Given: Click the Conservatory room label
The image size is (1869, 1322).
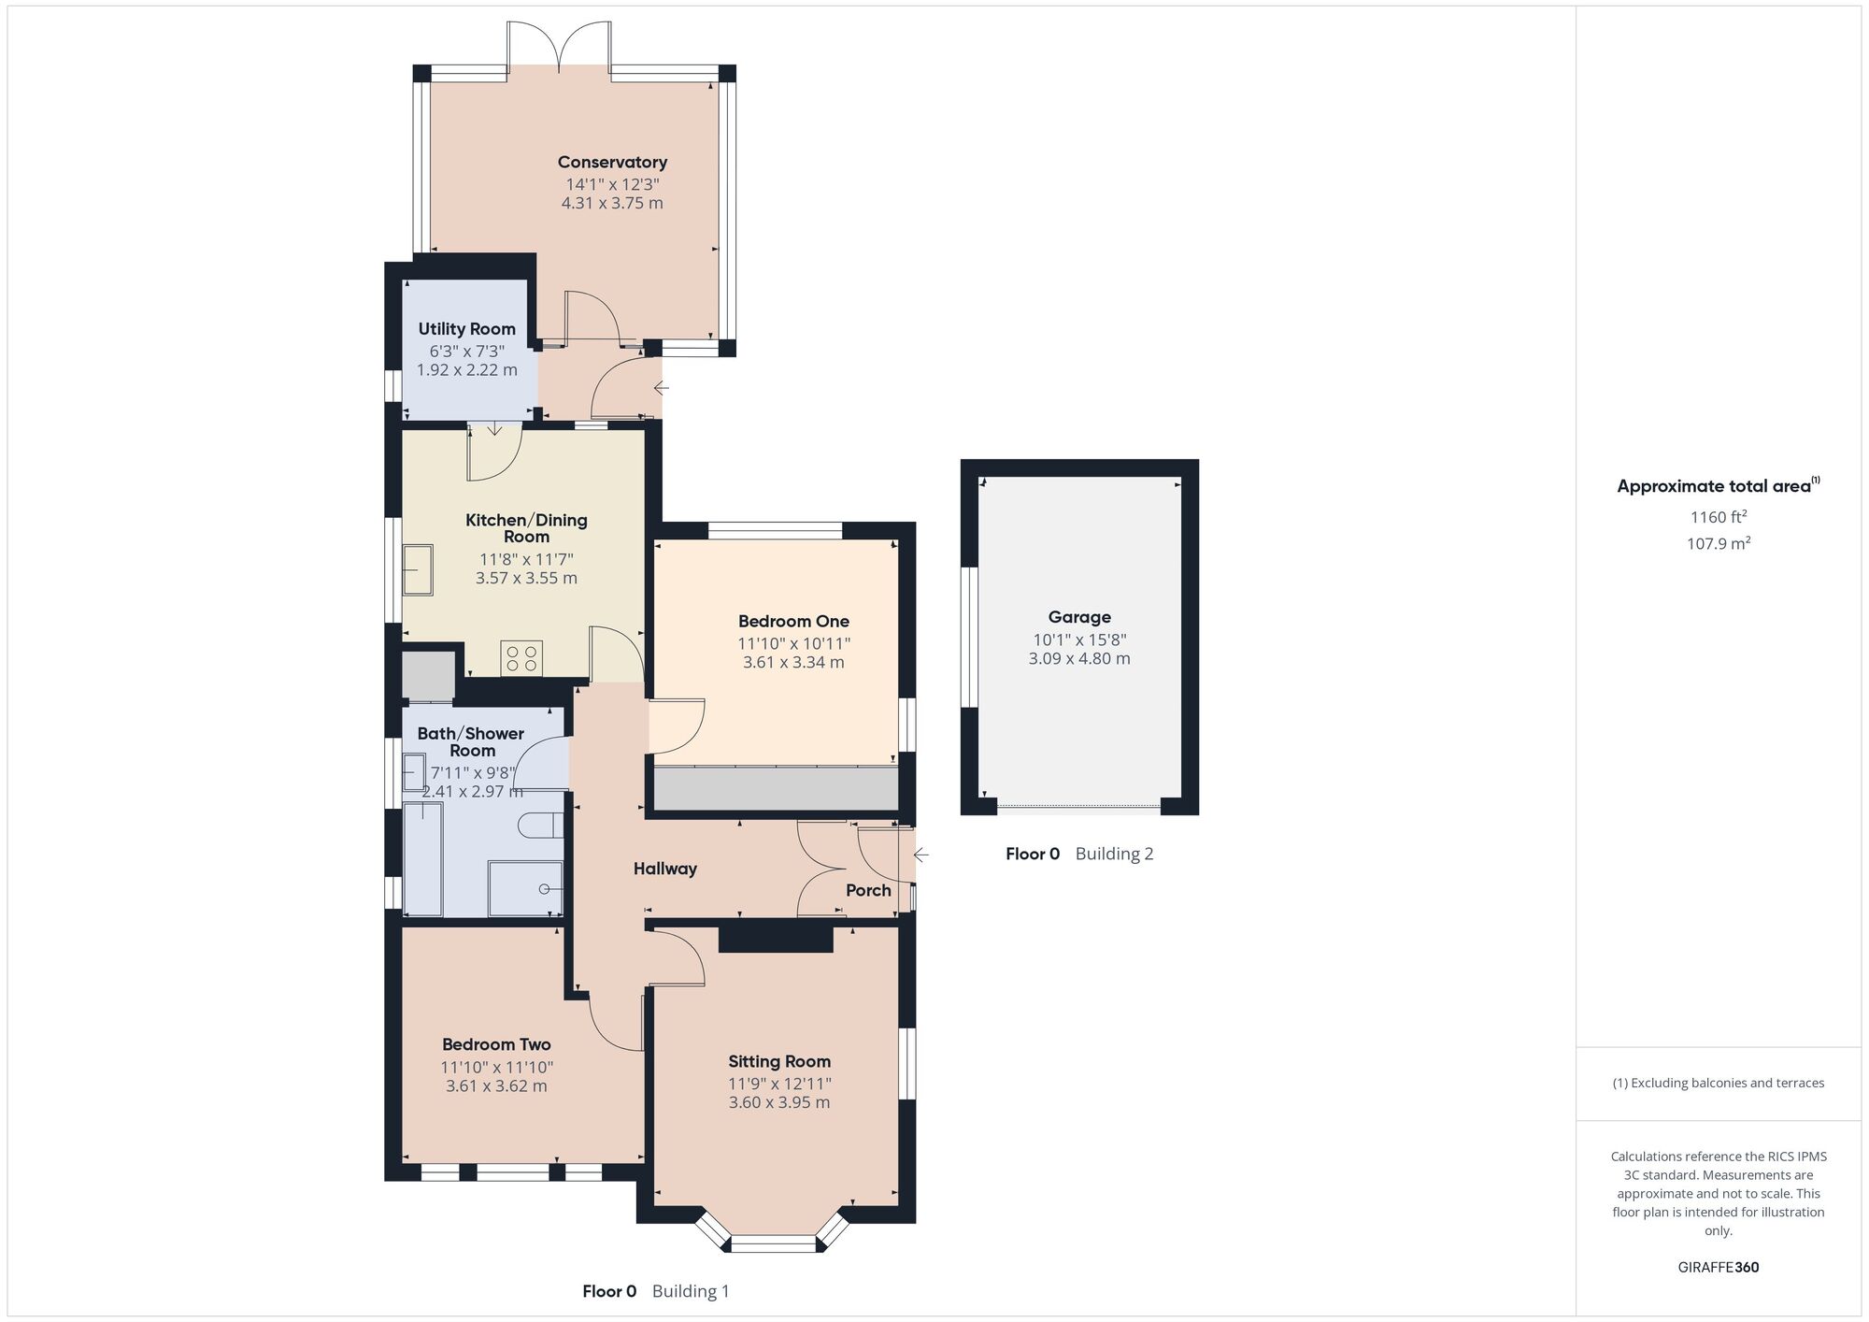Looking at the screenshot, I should point(612,163).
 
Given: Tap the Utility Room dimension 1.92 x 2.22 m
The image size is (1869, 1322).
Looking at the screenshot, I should point(466,370).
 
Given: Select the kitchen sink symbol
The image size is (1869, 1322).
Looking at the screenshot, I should point(418,570).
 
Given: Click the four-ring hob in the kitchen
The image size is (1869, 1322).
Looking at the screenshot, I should point(521,658).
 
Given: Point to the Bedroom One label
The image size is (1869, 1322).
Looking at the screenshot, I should point(793,622).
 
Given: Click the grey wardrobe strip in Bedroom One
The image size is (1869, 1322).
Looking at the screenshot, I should point(776,789).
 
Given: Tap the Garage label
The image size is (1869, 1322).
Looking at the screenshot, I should point(1079,617).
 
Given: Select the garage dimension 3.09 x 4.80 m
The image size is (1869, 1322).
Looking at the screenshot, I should point(1079,659).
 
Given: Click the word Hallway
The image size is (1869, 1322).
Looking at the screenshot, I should point(665,869).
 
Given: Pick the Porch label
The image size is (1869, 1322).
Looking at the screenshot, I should point(868,890).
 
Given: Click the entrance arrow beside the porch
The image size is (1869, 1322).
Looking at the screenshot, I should point(921,855).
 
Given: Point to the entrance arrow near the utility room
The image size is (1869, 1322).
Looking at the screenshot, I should point(661,388).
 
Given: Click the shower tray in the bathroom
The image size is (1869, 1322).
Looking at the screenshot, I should point(525,888).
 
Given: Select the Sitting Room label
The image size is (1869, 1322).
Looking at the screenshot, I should point(779,1062).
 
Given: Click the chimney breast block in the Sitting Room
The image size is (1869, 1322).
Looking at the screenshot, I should point(775,939).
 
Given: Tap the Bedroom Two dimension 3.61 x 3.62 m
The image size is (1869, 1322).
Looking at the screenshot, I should point(496,1086).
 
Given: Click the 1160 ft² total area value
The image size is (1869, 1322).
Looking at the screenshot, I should point(1718,517).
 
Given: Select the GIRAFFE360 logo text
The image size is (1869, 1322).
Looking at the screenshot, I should point(1718,1268).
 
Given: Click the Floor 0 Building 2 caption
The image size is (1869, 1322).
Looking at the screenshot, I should point(1079,854).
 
